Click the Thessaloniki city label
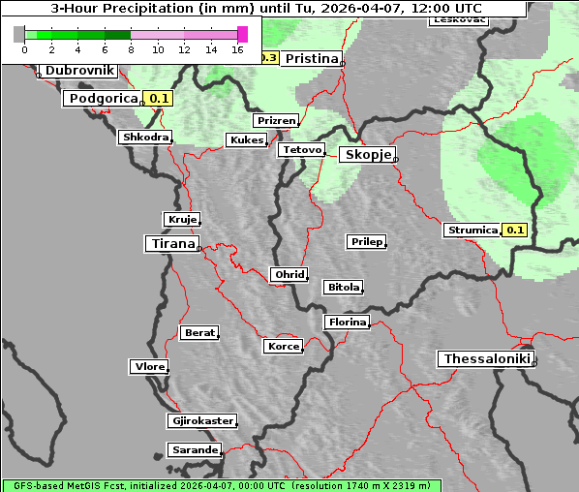click(486, 359)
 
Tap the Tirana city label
click(171, 244)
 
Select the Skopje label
click(367, 155)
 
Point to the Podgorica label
click(103, 98)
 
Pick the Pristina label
click(311, 58)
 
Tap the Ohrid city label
click(289, 275)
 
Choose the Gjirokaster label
click(201, 421)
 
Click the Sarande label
click(194, 450)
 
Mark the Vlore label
click(148, 367)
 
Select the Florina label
click(347, 323)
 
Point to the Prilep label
click(366, 241)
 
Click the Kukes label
click(245, 140)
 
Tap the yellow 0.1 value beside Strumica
click(515, 231)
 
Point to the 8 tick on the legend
click(131, 49)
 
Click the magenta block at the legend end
click(242, 34)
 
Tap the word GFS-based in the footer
click(36, 486)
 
